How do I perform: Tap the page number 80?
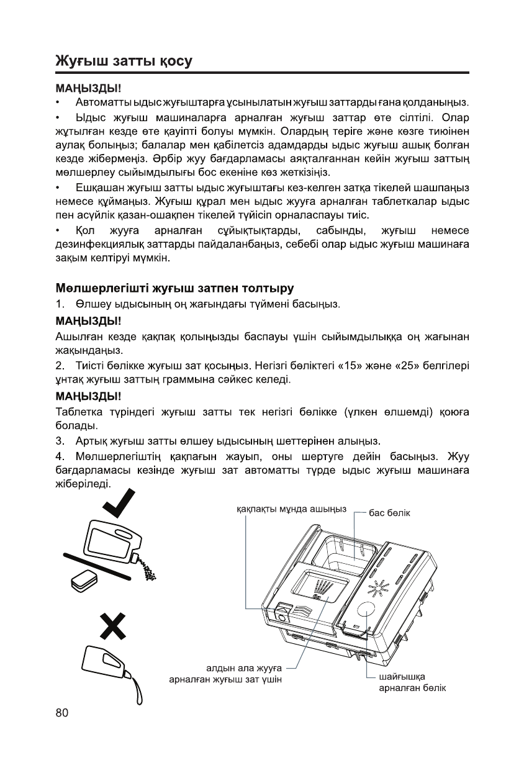(x=61, y=712)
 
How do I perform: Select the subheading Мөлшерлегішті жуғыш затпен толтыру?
(x=174, y=288)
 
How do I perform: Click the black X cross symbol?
(x=116, y=624)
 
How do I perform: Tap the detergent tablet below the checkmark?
(x=83, y=581)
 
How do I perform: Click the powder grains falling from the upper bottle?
(x=148, y=568)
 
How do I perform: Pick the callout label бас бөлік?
(x=390, y=513)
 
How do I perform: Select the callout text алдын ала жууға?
(x=244, y=668)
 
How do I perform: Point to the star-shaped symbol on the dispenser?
(x=376, y=587)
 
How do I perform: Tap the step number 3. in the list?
(x=60, y=441)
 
